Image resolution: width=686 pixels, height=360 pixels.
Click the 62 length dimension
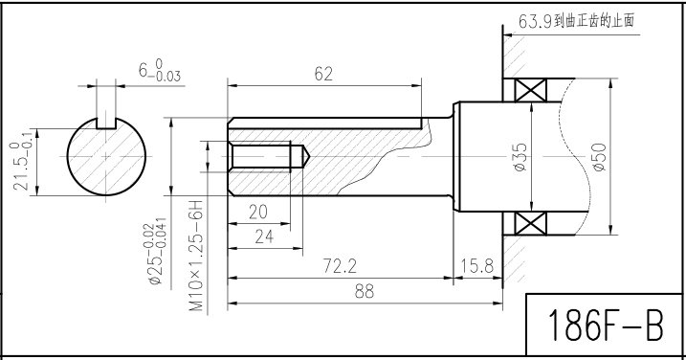[x=323, y=74]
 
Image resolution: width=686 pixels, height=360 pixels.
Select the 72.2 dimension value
[x=340, y=266]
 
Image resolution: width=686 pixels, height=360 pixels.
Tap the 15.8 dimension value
[x=476, y=266]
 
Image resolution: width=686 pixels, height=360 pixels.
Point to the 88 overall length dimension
[x=365, y=291]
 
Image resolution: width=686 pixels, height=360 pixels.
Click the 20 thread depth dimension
[x=257, y=213]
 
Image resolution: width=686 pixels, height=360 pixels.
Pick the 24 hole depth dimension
[x=264, y=236]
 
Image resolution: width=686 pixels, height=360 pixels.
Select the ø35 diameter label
[x=520, y=157]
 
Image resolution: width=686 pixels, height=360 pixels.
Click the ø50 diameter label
[x=599, y=157]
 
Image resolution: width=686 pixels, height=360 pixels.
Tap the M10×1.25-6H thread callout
[x=197, y=257]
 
